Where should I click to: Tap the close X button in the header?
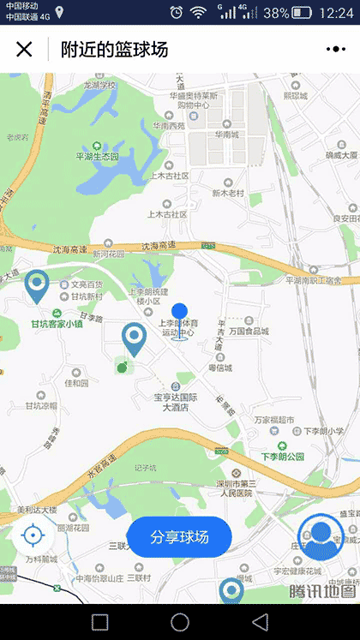[24, 49]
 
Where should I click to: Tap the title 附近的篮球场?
[114, 49]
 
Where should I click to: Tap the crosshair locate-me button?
[33, 536]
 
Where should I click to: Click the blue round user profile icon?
[320, 536]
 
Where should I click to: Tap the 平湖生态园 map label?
[102, 157]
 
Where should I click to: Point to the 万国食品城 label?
[249, 330]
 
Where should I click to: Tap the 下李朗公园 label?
[284, 457]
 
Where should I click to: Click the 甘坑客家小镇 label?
[57, 324]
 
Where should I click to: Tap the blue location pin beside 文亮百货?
[36, 285]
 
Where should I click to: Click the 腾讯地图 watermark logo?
[321, 591]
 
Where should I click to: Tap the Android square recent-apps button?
[100, 621]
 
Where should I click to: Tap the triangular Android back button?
[260, 621]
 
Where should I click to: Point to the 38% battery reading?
[276, 13]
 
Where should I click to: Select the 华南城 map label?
[227, 135]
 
